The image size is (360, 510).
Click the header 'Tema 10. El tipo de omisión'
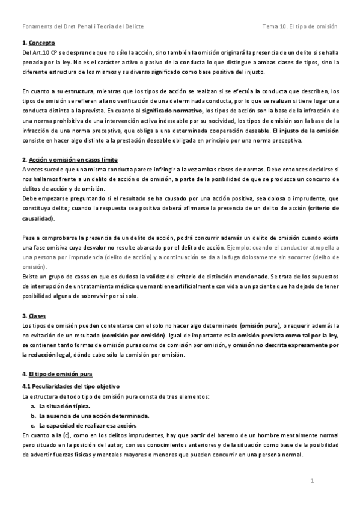point(301,27)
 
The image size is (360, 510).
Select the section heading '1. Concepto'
point(34,43)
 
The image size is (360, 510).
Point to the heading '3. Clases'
point(33,316)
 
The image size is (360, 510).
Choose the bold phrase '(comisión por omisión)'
point(133,335)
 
